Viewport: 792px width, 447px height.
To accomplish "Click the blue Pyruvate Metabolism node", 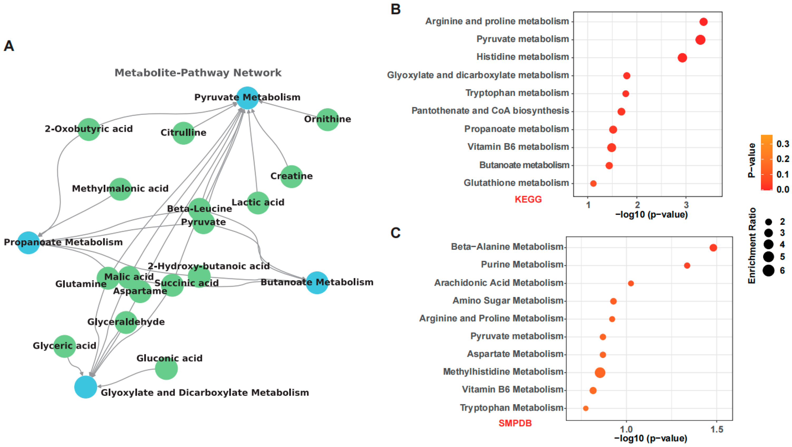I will click(x=247, y=98).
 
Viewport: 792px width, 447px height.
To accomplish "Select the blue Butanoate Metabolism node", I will click(x=317, y=283).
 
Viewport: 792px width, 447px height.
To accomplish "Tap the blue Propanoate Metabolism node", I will click(x=28, y=243).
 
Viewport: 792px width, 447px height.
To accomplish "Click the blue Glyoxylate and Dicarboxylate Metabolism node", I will click(x=86, y=387).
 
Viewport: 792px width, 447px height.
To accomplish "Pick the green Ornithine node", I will click(x=327, y=120).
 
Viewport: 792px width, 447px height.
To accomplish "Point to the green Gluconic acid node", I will click(x=166, y=368).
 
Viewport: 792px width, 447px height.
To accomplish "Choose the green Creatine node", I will click(x=291, y=177).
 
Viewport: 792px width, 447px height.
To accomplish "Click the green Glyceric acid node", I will click(x=64, y=346).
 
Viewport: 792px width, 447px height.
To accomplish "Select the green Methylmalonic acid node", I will click(x=120, y=189).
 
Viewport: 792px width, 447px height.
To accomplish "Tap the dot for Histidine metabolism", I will click(x=682, y=58).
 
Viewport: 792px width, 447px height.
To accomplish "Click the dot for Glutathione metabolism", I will click(x=593, y=183).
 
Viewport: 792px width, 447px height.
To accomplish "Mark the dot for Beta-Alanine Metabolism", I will click(x=713, y=248).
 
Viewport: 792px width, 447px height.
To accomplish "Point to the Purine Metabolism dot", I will click(x=687, y=265).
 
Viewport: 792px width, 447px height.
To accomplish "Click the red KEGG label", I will click(x=528, y=199).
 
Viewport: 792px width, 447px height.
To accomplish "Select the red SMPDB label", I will click(x=515, y=423).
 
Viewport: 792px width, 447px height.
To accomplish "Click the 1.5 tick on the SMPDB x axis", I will click(x=717, y=429).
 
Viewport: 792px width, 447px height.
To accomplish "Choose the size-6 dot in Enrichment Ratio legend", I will click(x=768, y=271).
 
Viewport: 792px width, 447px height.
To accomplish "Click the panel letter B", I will click(x=395, y=9).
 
